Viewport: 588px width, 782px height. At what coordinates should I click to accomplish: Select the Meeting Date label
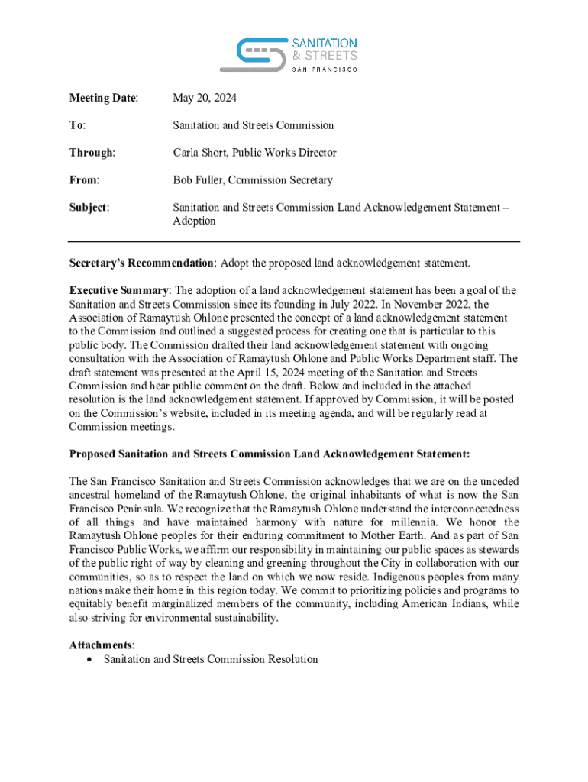pyautogui.click(x=104, y=98)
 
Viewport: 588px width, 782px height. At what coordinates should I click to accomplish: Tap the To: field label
pyautogui.click(x=77, y=125)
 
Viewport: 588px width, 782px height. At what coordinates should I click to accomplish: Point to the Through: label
pyautogui.click(x=92, y=153)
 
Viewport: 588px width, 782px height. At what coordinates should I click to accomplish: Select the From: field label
pyautogui.click(x=85, y=180)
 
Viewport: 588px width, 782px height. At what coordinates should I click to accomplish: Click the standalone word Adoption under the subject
pyautogui.click(x=194, y=221)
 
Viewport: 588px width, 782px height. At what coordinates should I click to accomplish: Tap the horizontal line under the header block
pyautogui.click(x=294, y=242)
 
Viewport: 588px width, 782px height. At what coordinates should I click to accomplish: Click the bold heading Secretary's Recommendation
pyautogui.click(x=141, y=263)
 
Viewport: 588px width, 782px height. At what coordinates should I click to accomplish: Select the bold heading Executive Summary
pyautogui.click(x=118, y=291)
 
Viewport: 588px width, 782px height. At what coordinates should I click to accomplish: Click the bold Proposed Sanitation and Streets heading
pyautogui.click(x=270, y=454)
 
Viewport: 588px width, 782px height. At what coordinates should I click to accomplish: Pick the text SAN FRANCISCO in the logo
pyautogui.click(x=325, y=69)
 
